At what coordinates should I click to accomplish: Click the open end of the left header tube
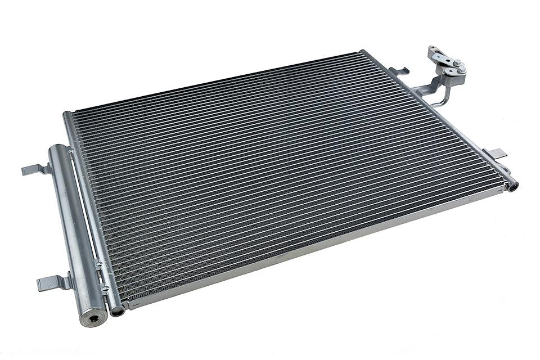click(x=116, y=310)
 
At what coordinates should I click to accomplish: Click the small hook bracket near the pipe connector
click(x=400, y=71)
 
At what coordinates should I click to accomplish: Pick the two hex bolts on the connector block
click(x=458, y=66)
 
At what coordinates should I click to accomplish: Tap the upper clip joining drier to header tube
click(x=71, y=151)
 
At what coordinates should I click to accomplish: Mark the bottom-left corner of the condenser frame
click(x=127, y=307)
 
